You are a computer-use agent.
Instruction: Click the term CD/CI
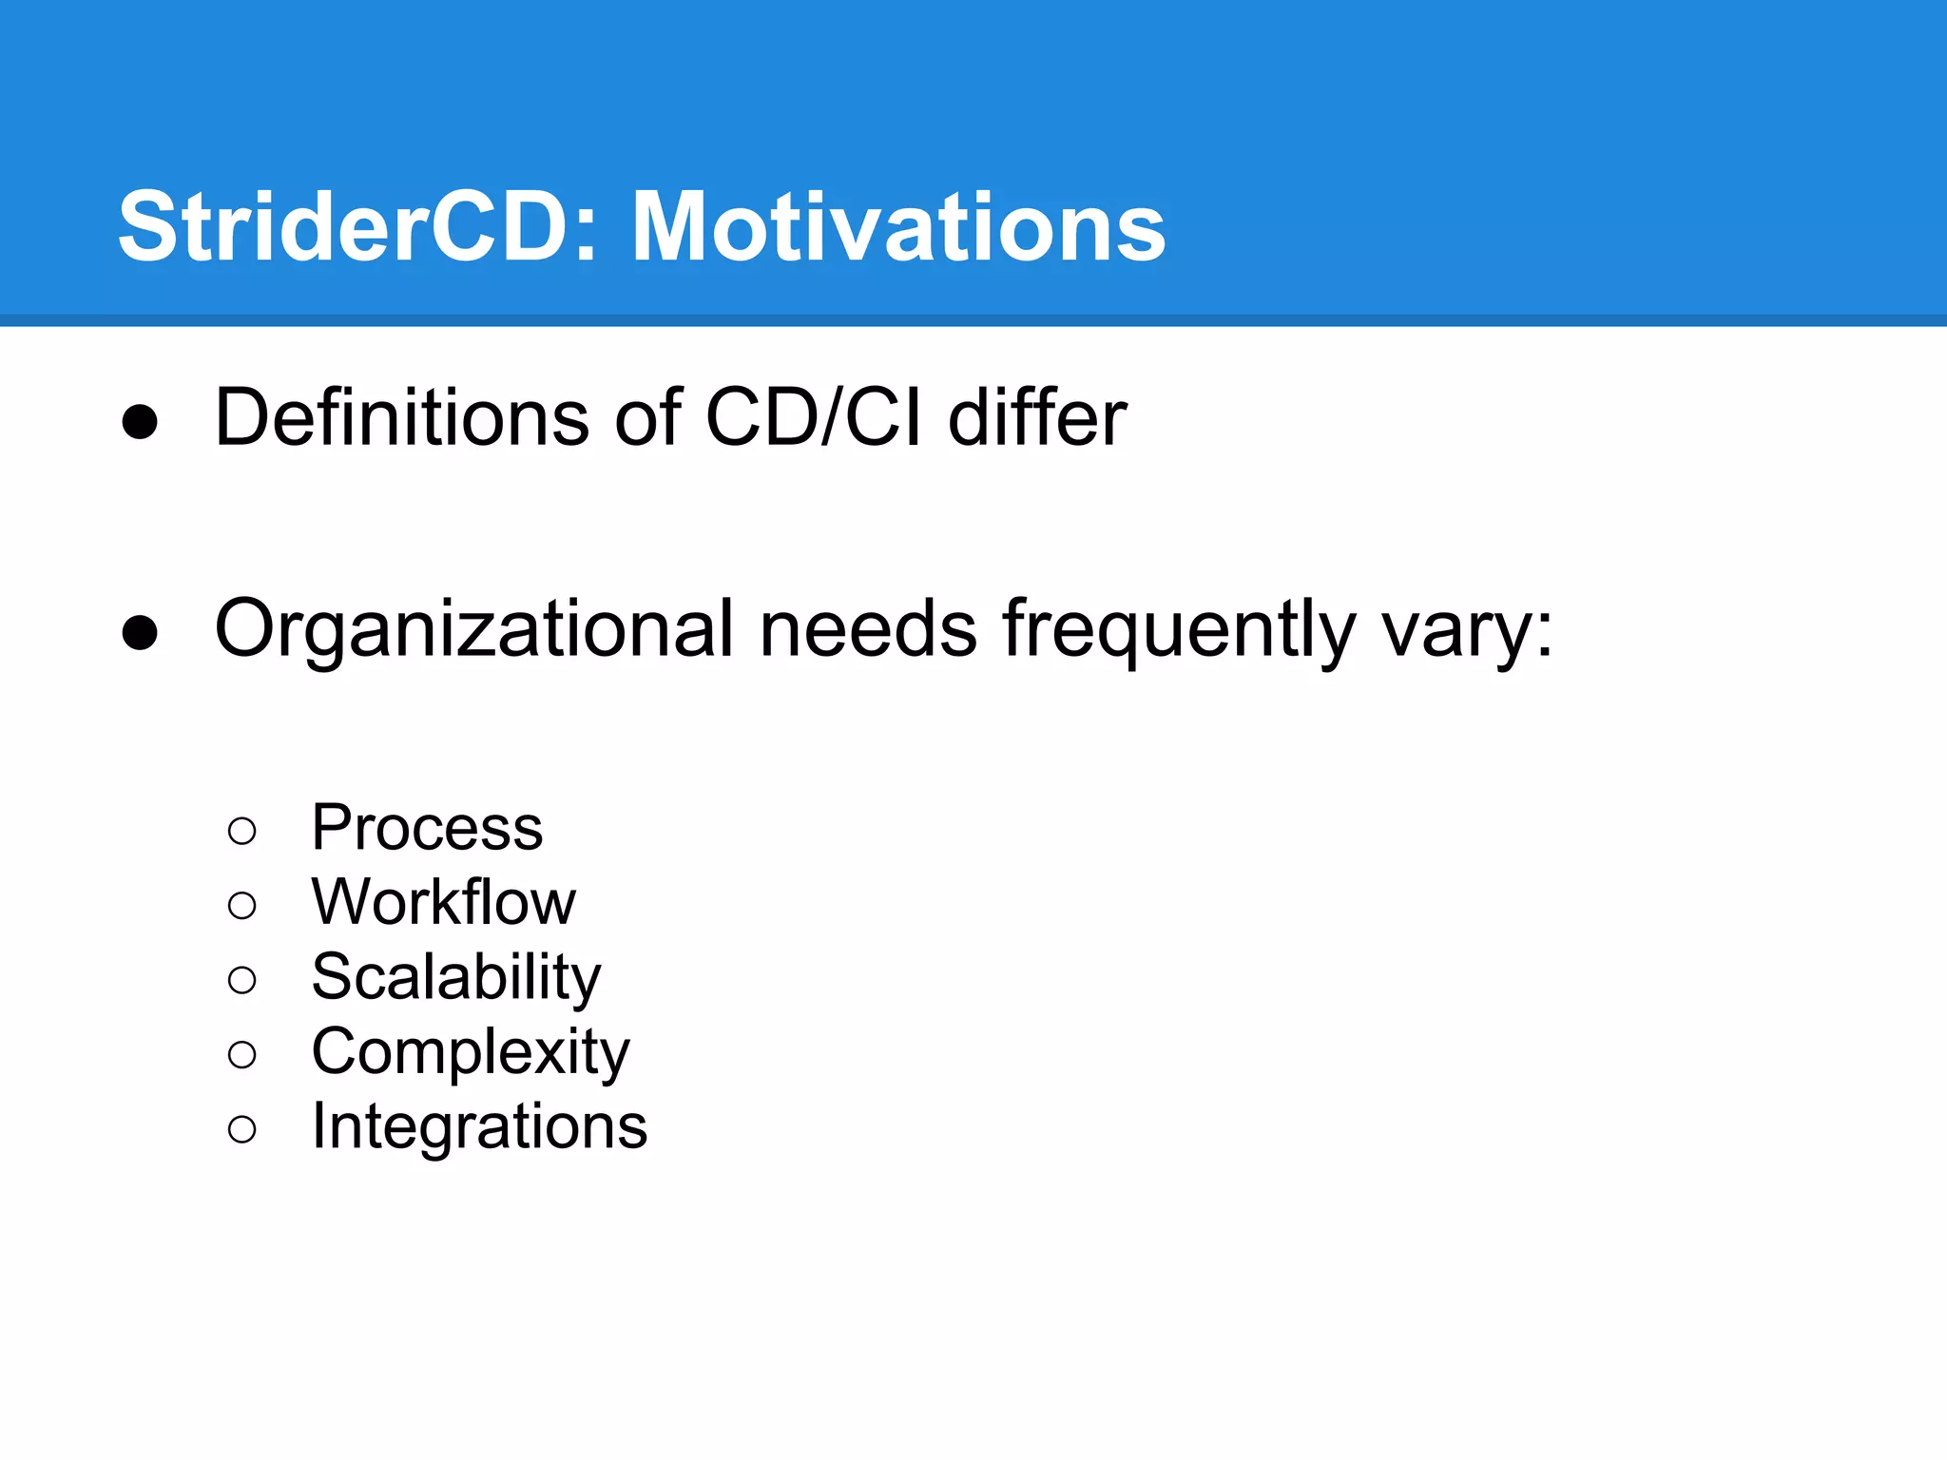point(813,417)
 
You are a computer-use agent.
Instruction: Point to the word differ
point(1037,417)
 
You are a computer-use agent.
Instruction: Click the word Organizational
point(474,629)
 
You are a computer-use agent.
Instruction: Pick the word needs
point(868,629)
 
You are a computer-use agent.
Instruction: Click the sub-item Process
point(427,828)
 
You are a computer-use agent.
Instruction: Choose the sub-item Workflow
point(443,902)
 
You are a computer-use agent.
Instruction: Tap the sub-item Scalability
point(456,977)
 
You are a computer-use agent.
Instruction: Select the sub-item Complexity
point(471,1052)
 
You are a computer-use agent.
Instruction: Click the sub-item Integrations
point(479,1126)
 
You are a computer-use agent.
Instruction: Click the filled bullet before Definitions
point(140,422)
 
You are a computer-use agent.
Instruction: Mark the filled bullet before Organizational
point(140,633)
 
